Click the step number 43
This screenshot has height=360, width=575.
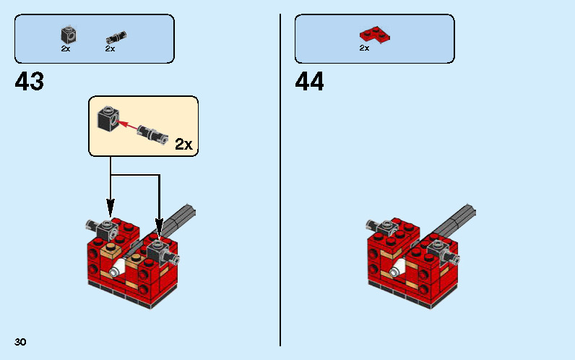[x=30, y=81]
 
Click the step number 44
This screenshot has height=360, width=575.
[x=310, y=81]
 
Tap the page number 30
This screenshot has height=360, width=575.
[x=20, y=342]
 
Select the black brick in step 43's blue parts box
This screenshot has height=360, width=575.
[x=68, y=34]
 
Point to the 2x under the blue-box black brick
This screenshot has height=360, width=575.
[x=66, y=48]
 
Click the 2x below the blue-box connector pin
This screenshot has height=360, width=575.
[x=110, y=48]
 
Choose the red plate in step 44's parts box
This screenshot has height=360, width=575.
[x=373, y=33]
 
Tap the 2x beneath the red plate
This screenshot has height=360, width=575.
[x=364, y=48]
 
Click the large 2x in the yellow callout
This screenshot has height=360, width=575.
[x=184, y=144]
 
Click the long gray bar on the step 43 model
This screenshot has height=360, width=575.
[x=181, y=218]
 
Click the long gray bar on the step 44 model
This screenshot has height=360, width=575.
[x=458, y=218]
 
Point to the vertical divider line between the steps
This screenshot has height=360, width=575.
[x=280, y=181]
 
